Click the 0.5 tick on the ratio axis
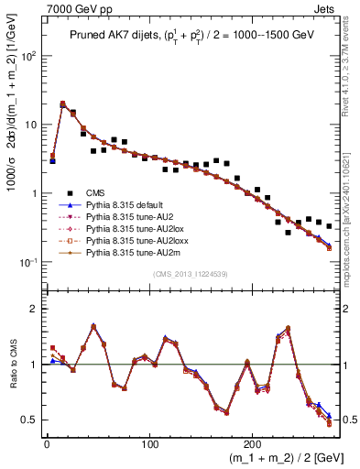pos(31,420)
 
